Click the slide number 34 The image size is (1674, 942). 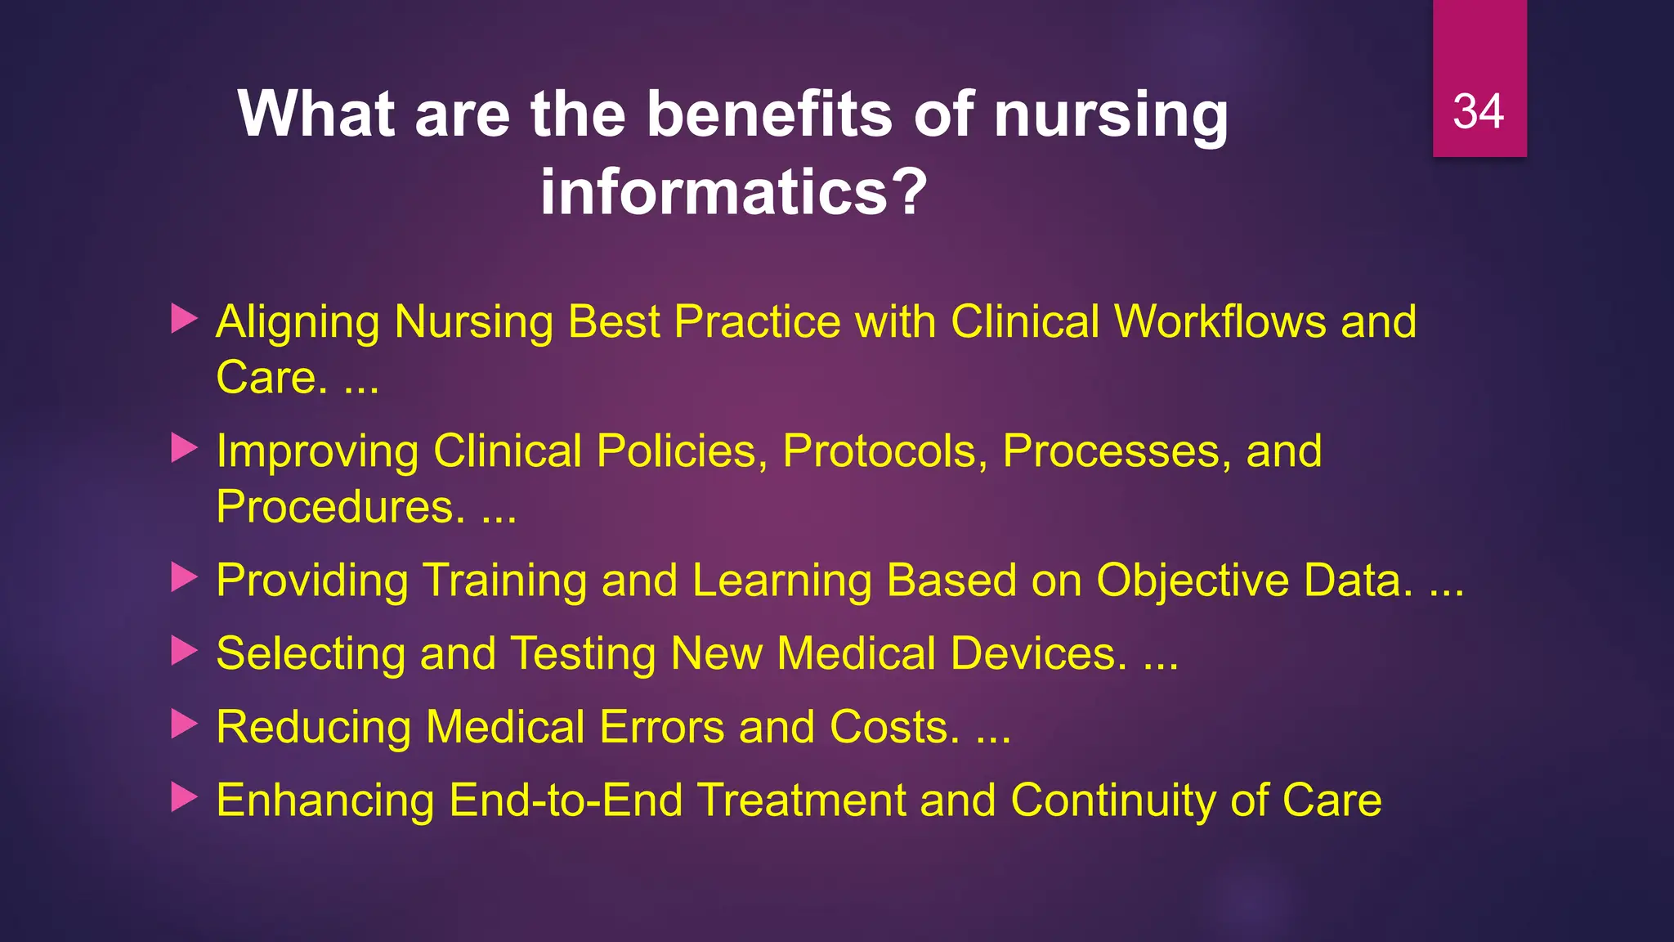coord(1479,112)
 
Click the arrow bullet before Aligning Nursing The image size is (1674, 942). coord(184,320)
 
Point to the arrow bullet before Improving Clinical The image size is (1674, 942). coord(184,449)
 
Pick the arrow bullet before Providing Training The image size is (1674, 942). coord(184,578)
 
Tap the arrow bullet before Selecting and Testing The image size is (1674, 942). coord(184,652)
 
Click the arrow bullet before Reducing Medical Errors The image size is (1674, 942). coord(184,724)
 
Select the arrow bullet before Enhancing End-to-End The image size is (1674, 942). coord(184,798)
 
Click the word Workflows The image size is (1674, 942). coord(1220,321)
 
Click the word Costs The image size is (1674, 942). coord(894,727)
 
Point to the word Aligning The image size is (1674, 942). coord(298,323)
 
